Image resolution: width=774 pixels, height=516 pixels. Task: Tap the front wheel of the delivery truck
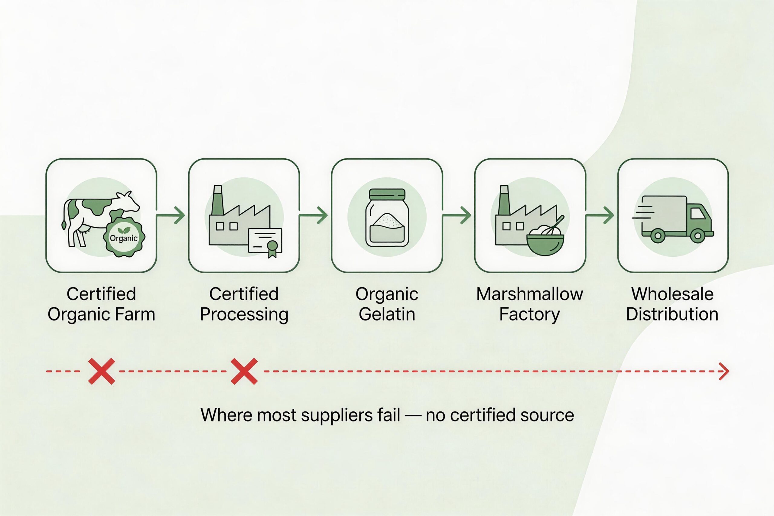click(x=697, y=235)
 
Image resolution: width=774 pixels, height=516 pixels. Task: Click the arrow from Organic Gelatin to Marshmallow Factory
click(x=457, y=216)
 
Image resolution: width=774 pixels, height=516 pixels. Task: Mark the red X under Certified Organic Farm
click(x=102, y=372)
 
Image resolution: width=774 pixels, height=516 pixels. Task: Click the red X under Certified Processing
click(x=244, y=372)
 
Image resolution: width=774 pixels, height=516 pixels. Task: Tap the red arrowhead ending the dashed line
click(x=725, y=372)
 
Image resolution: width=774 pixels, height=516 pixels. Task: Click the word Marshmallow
click(x=529, y=294)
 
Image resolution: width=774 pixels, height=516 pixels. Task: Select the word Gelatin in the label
click(x=387, y=314)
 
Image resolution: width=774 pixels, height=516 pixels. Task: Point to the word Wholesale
click(x=672, y=294)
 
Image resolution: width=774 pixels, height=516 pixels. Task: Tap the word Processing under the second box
click(x=244, y=315)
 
